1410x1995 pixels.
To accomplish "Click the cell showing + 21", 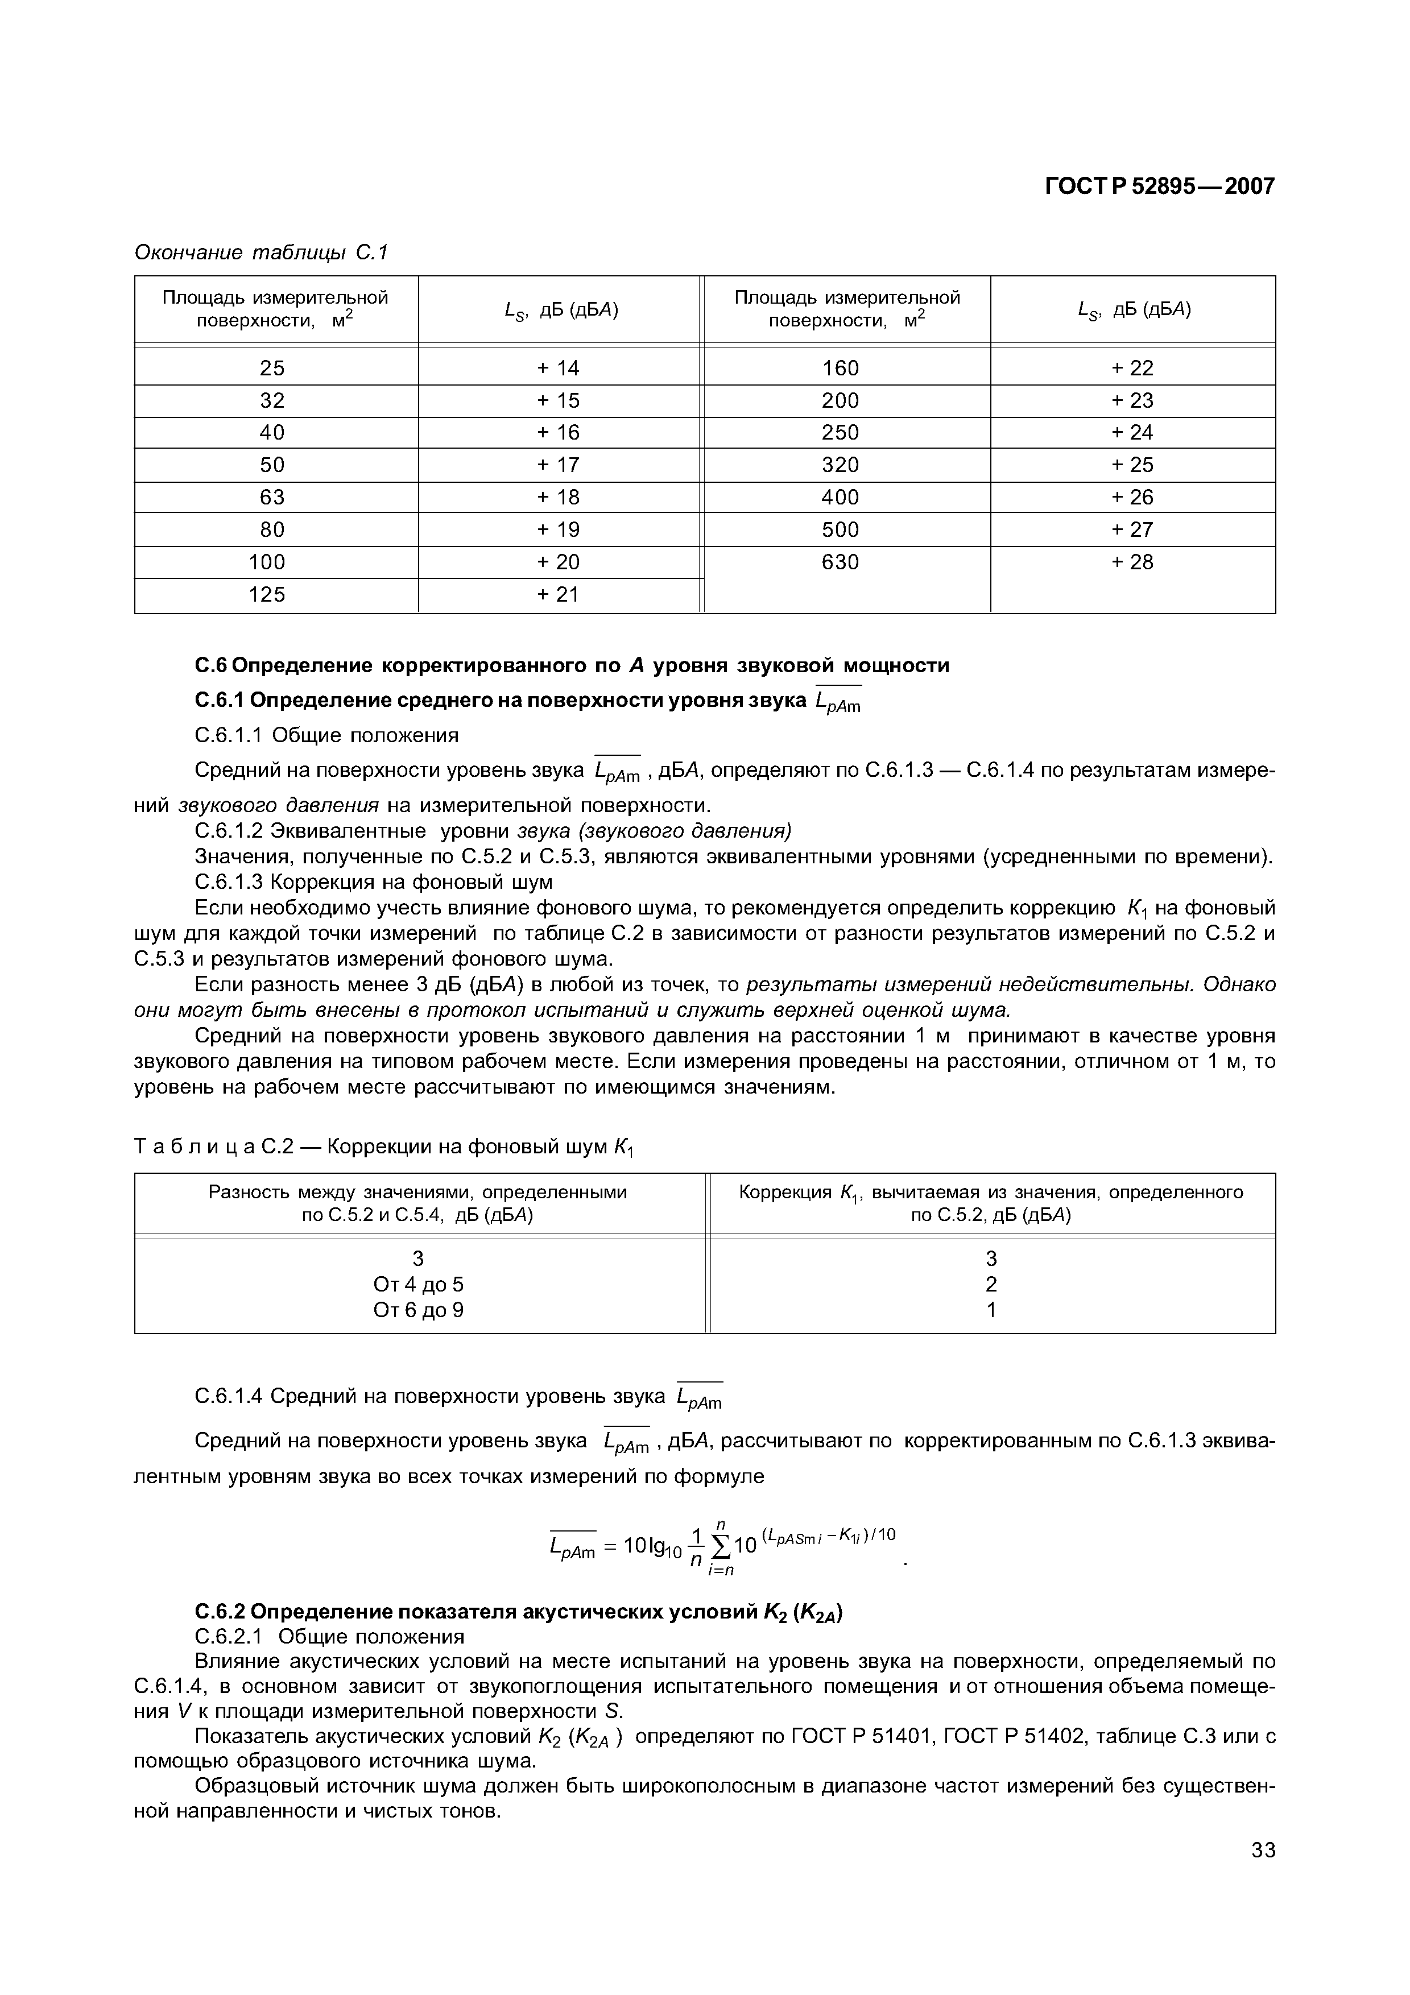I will point(558,594).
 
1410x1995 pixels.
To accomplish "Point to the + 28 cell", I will point(1132,562).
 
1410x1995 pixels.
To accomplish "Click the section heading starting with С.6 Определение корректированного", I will point(572,665).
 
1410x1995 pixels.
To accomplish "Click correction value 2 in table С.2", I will point(991,1284).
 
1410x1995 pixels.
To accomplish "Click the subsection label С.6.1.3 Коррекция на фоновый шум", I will point(374,882).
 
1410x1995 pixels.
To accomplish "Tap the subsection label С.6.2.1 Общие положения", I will point(330,1637).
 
